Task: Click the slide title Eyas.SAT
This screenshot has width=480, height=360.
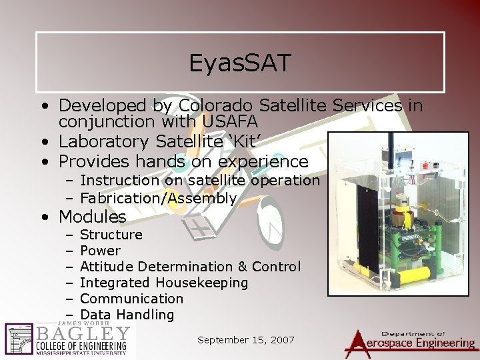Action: [x=240, y=63]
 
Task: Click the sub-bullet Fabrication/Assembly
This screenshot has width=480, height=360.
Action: [x=158, y=198]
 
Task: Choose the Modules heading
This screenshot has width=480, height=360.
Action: [x=92, y=217]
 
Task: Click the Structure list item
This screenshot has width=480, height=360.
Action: [x=111, y=235]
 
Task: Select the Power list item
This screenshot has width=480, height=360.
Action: [x=100, y=251]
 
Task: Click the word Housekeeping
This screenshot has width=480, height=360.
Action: [x=206, y=283]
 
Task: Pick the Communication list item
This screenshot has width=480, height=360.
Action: [x=131, y=299]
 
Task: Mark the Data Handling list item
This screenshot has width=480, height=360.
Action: [x=127, y=315]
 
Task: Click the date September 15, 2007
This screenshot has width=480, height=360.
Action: [x=246, y=340]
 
